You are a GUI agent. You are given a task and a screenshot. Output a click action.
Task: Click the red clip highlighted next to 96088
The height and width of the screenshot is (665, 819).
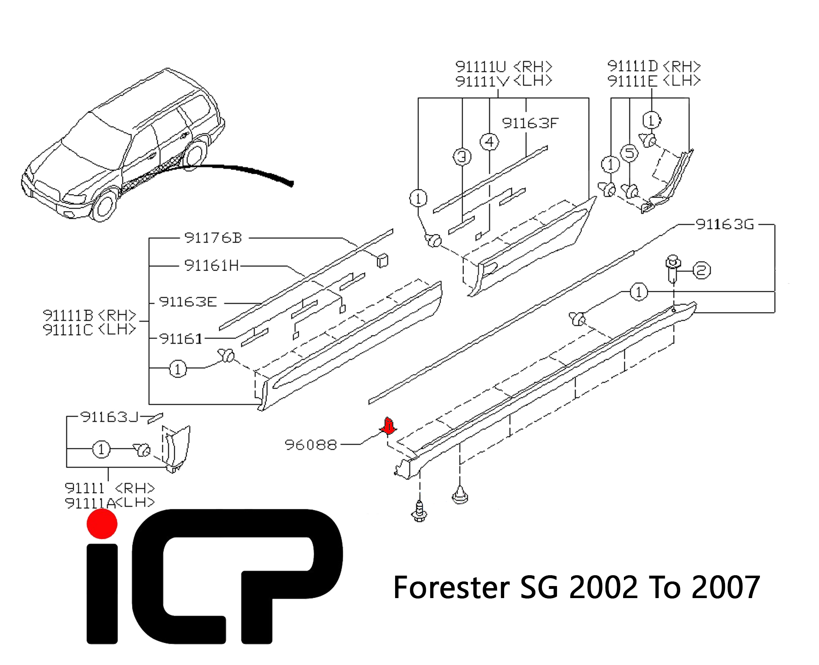(388, 426)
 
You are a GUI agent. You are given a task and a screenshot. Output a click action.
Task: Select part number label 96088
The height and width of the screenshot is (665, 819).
(311, 445)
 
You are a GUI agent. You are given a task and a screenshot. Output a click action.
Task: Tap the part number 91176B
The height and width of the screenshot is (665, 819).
(213, 238)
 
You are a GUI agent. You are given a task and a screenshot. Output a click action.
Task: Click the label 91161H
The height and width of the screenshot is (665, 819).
(212, 265)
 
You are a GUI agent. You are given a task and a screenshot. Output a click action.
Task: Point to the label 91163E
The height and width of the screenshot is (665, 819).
(188, 302)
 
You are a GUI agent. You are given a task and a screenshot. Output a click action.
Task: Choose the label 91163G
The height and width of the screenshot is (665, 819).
(725, 224)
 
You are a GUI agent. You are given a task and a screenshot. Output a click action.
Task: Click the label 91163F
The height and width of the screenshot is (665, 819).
(530, 123)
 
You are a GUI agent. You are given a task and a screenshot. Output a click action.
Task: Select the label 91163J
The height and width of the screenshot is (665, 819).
(109, 417)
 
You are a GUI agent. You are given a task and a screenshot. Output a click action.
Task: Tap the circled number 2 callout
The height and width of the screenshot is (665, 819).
(702, 271)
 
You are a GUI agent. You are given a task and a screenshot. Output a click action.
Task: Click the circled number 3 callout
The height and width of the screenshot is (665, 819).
(462, 157)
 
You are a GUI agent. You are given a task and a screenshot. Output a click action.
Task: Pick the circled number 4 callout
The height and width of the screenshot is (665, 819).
(490, 142)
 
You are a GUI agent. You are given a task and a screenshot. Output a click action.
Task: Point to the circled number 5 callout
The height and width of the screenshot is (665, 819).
(630, 153)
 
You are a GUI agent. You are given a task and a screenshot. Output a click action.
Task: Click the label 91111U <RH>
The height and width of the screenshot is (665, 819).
(504, 66)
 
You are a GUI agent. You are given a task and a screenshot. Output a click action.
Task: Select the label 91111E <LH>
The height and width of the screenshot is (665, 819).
(654, 81)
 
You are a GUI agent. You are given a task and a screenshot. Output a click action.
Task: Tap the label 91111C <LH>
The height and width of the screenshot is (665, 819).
(89, 330)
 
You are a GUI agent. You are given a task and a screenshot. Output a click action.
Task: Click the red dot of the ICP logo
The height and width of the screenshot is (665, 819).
(102, 524)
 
